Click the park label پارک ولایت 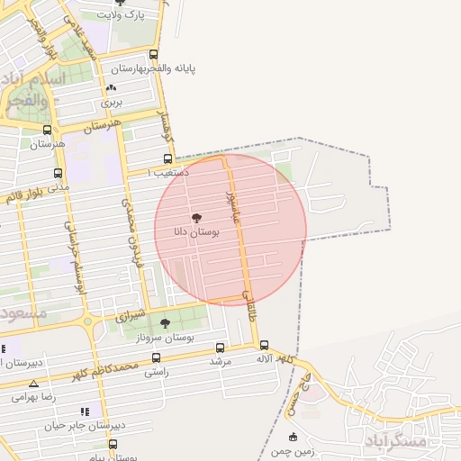pos(121,15)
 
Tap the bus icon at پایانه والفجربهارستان pos(154,55)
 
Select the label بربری pos(111,103)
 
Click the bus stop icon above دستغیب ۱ pos(167,158)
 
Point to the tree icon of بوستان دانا pos(196,218)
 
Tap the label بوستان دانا pos(194,232)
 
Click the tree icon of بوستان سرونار pos(164,322)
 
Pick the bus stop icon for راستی pos(156,357)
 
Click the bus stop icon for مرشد pos(221,348)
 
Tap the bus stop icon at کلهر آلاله pos(264,345)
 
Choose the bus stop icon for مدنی pos(59,173)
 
